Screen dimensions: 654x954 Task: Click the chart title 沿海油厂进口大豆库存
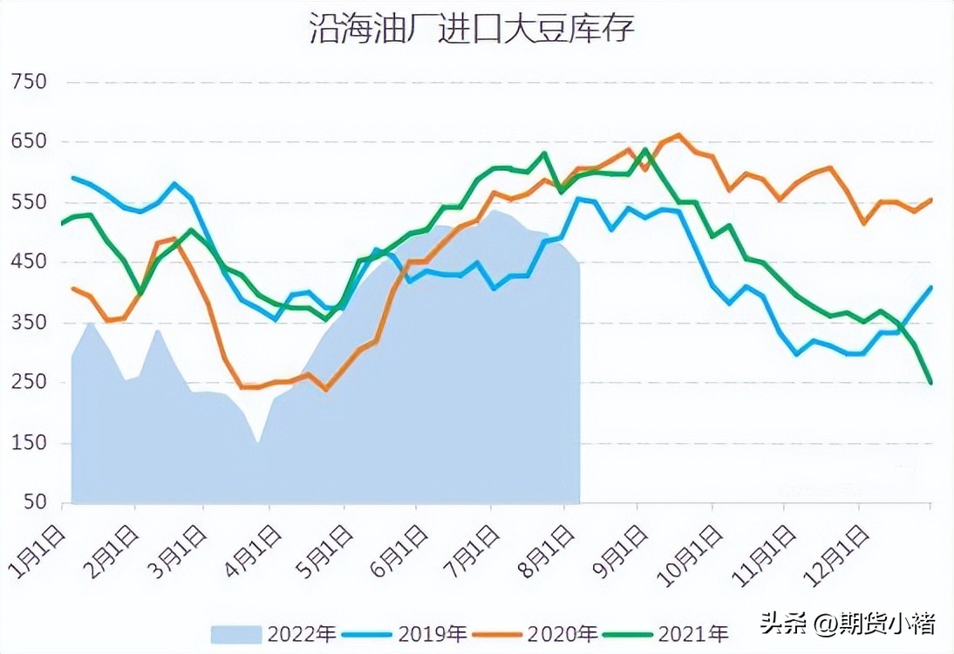472,29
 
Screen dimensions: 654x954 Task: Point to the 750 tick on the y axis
29,82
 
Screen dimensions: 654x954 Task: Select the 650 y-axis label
29,142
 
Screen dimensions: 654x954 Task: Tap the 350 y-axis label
29,323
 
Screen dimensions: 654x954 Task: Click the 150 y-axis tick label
29,443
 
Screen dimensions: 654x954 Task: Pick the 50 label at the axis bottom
35,503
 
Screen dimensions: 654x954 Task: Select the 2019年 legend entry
405,633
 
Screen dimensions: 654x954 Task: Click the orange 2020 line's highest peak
679,135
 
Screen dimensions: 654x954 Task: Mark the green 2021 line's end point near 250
930,382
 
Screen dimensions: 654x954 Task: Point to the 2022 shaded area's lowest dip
258,442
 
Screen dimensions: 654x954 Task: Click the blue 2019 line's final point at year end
930,287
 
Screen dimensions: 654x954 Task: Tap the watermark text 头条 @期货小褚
848,623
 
